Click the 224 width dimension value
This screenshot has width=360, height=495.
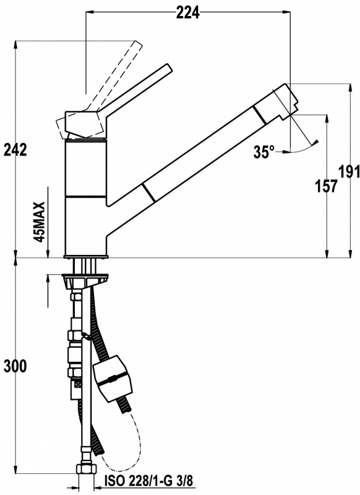(187, 12)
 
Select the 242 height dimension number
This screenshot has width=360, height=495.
(15, 150)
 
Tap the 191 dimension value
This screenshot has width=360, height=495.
(349, 172)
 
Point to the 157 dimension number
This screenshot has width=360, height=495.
(327, 186)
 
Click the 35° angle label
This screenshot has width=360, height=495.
(264, 152)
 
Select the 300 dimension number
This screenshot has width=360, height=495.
(15, 366)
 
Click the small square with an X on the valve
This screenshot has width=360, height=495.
(77, 385)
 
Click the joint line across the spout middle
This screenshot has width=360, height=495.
(148, 192)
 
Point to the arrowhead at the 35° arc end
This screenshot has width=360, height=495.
(315, 142)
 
